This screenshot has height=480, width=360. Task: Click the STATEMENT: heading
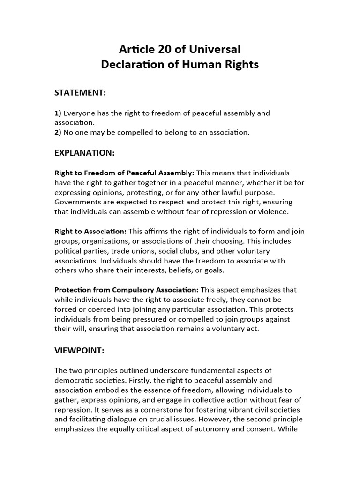pos(81,93)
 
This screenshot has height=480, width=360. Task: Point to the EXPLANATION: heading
pos(84,153)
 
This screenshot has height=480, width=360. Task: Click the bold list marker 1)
pos(58,113)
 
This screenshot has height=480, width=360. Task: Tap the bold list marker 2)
pos(58,132)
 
